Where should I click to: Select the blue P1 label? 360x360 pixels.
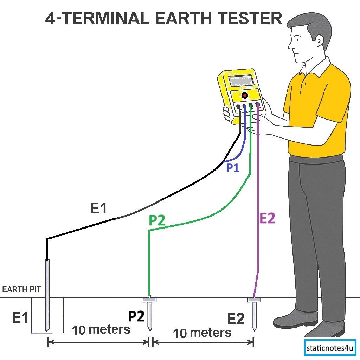point(232,168)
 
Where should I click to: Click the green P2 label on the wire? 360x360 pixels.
point(157,220)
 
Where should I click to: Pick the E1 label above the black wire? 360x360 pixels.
point(98,209)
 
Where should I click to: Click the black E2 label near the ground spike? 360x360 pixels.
point(236,319)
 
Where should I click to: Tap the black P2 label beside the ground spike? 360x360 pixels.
point(136,316)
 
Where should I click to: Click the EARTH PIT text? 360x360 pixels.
point(22,290)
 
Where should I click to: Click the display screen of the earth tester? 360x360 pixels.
point(241,82)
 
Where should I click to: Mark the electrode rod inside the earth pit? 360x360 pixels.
point(47,295)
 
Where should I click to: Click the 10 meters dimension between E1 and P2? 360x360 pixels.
point(101,330)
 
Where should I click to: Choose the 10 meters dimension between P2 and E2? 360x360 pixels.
point(202,333)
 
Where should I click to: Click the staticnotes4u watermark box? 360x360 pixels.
point(330,349)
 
